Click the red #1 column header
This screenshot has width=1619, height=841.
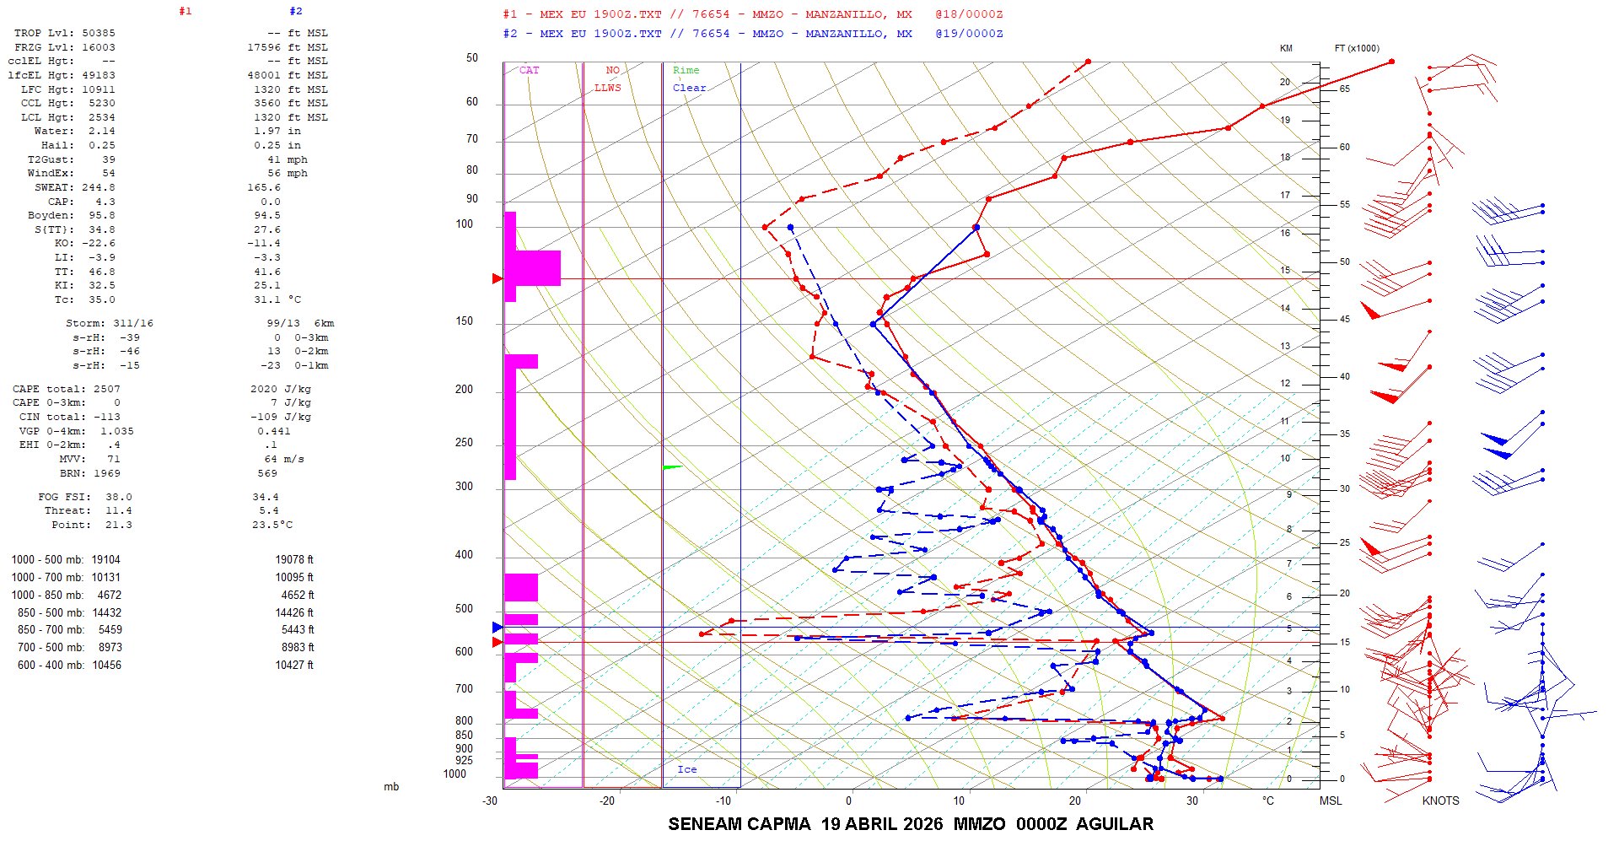(x=186, y=11)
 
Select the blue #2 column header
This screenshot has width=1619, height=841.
(x=295, y=11)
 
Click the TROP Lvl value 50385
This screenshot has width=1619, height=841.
(x=98, y=33)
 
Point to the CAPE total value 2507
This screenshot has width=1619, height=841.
(x=107, y=389)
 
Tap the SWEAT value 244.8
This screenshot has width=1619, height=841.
(x=98, y=187)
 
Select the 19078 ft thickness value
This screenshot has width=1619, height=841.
(x=293, y=560)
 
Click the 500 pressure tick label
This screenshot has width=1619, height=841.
(x=464, y=608)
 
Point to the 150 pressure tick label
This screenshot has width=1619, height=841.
(x=464, y=321)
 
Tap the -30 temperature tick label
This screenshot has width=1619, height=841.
(x=490, y=801)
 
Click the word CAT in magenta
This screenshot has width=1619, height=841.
(x=529, y=70)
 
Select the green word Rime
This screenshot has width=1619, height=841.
(x=686, y=70)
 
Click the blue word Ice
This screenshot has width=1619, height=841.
(x=686, y=769)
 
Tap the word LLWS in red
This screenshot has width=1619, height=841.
(x=607, y=88)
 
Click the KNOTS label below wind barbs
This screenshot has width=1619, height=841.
(x=1440, y=801)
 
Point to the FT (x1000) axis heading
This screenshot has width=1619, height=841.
(x=1357, y=48)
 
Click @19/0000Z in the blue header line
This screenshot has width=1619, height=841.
(x=969, y=34)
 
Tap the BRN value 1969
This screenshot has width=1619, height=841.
(x=107, y=473)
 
